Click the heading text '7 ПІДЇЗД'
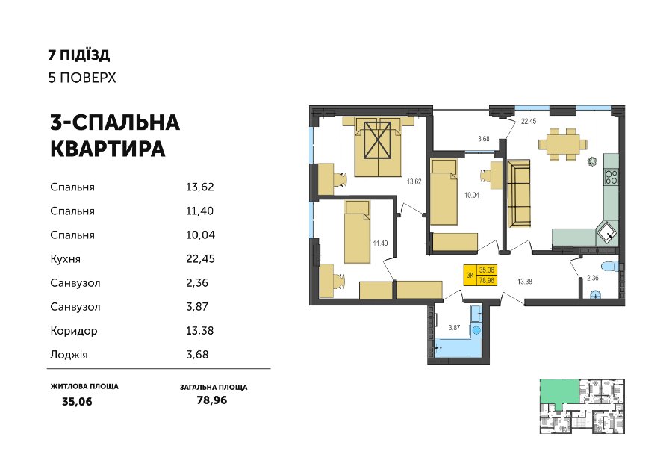pyautogui.click(x=79, y=55)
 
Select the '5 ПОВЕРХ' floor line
pyautogui.click(x=82, y=78)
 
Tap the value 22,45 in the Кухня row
pyautogui.click(x=200, y=259)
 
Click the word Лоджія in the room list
pyautogui.click(x=69, y=355)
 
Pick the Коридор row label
pyautogui.click(x=74, y=331)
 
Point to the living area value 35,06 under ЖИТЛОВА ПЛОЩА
pyautogui.click(x=77, y=402)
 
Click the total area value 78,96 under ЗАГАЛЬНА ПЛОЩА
pyautogui.click(x=212, y=400)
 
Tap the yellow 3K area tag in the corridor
pyautogui.click(x=481, y=275)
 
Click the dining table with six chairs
pyautogui.click(x=563, y=144)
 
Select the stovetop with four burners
pyautogui.click(x=612, y=176)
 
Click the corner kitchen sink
pyautogui.click(x=608, y=232)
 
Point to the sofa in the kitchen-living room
pyautogui.click(x=519, y=193)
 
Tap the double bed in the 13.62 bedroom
pyautogui.click(x=378, y=147)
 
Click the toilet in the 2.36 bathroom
pyautogui.click(x=611, y=266)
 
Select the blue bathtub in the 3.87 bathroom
pyautogui.click(x=458, y=347)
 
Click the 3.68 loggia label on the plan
pyautogui.click(x=484, y=139)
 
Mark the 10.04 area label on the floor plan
pyautogui.click(x=472, y=196)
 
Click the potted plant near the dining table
pyautogui.click(x=592, y=161)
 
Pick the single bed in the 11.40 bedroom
pyautogui.click(x=358, y=232)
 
